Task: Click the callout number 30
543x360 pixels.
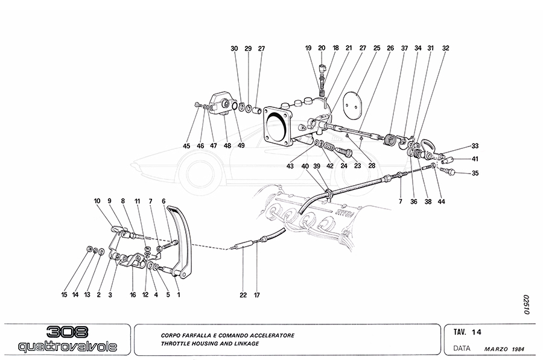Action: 234,48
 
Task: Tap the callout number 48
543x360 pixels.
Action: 227,145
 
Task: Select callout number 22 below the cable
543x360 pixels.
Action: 243,295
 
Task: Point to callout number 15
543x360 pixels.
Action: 65,295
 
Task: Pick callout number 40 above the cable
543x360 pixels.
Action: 305,166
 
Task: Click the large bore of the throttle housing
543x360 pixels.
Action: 279,126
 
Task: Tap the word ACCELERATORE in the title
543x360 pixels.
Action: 268,335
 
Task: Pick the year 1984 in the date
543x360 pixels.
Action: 516,349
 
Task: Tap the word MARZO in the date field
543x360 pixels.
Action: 497,349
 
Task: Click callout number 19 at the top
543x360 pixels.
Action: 308,48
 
